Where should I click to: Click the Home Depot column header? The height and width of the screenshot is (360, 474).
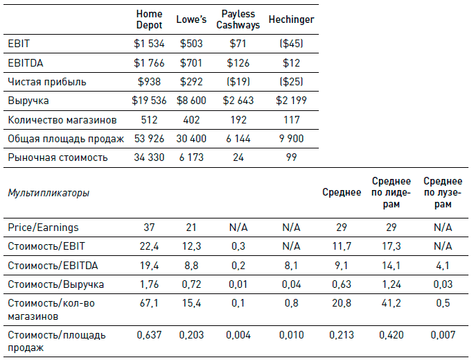point(150,19)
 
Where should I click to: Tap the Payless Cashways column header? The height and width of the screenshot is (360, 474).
point(238,19)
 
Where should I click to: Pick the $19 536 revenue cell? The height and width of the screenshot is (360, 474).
point(150,101)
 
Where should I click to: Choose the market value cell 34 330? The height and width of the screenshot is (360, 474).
point(150,157)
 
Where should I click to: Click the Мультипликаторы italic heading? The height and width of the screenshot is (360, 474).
point(49,192)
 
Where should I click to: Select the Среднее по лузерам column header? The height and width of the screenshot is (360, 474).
point(438,192)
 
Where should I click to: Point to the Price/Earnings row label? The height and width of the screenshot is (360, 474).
point(43,227)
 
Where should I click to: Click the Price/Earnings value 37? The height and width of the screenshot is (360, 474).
point(150,227)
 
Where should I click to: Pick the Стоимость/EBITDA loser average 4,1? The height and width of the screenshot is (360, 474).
point(438,264)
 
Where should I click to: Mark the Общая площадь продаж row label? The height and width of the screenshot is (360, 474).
point(67,139)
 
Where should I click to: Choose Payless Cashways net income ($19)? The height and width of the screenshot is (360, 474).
point(238,82)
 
